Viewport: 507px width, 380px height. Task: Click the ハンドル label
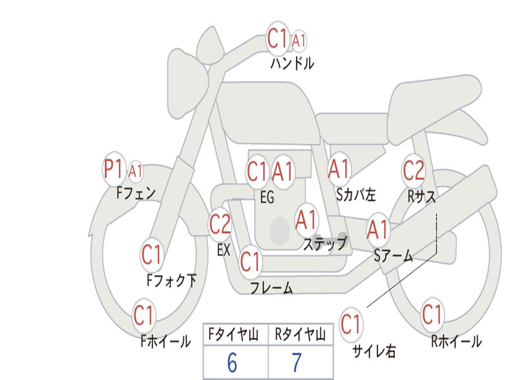coord(292,63)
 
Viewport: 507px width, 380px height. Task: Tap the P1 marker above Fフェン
coord(113,170)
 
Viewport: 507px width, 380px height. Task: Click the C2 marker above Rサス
coord(413,171)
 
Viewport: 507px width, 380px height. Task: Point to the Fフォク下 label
coord(171,281)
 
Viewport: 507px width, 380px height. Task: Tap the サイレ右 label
coord(374,351)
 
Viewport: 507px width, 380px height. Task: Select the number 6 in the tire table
coord(232,363)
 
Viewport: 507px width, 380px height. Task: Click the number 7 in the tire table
coord(297,363)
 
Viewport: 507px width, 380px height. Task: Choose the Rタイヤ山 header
coord(300,335)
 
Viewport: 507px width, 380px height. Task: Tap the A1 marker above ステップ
coord(306,220)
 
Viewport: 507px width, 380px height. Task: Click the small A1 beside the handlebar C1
coord(299,41)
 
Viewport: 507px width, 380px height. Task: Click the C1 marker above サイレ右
coord(351,325)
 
